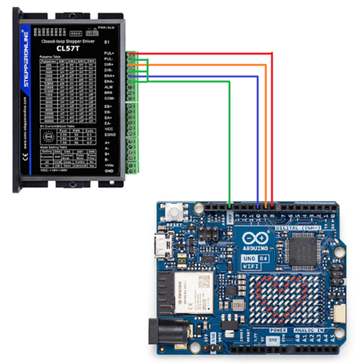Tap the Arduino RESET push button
coord(181,211)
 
